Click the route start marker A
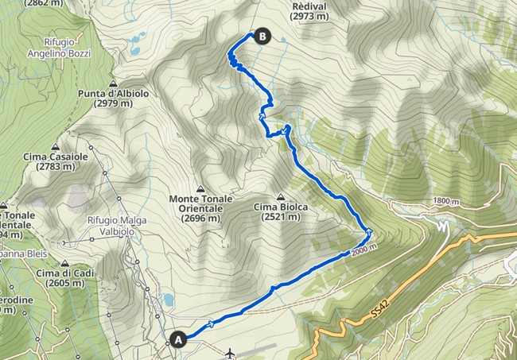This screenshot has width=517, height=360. click(179, 339)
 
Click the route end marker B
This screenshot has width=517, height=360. click(261, 36)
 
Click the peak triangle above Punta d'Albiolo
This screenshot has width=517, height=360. click(114, 83)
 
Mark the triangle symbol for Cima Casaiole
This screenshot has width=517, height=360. click(55, 147)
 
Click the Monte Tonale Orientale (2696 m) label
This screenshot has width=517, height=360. click(200, 207)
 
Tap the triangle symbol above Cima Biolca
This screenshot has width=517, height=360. click(280, 196)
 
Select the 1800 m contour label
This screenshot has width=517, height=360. click(447, 201)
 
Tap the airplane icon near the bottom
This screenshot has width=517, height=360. click(231, 352)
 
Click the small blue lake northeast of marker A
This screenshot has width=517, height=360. click(168, 300)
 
